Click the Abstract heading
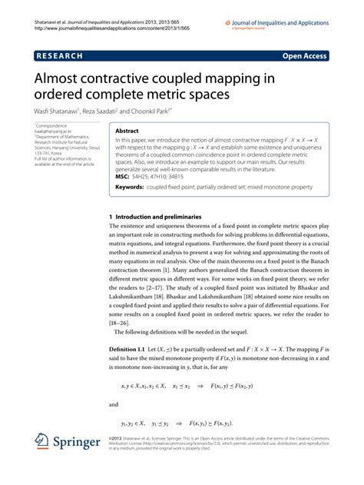point(127,131)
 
